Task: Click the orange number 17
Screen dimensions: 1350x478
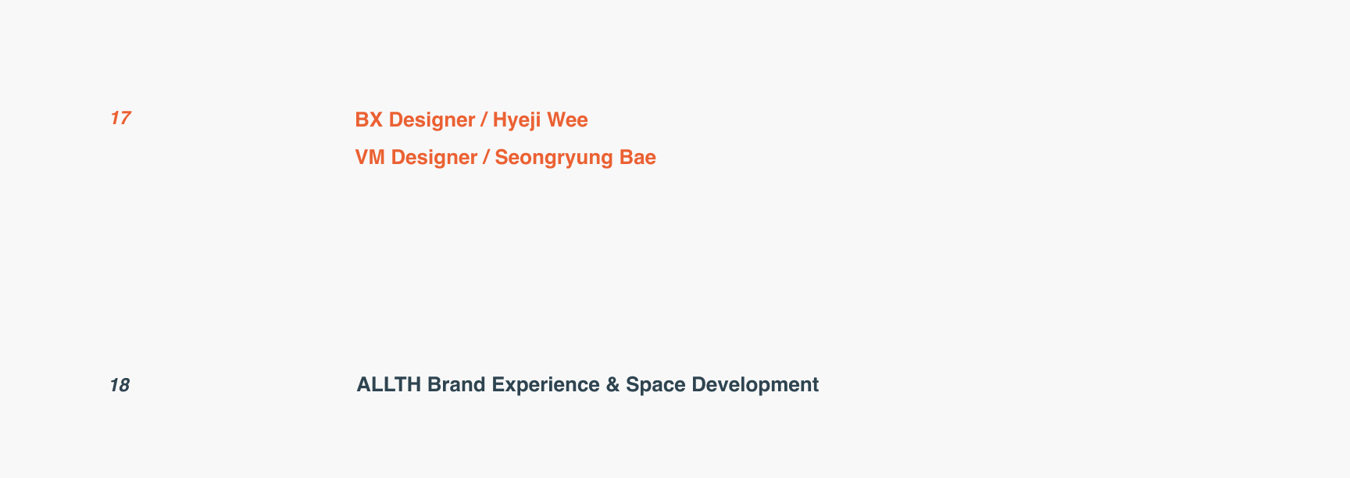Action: tap(120, 118)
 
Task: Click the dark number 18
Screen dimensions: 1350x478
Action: tap(120, 385)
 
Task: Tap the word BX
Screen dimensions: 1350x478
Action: tap(369, 119)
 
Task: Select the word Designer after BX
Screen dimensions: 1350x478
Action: tap(432, 120)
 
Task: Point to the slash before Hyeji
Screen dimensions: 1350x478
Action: tap(484, 120)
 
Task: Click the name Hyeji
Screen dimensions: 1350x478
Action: tap(516, 121)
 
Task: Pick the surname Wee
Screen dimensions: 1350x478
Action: tap(567, 119)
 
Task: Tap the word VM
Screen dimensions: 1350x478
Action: tap(370, 157)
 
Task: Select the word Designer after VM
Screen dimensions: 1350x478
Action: tap(434, 158)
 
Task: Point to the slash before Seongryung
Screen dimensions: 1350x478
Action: tap(487, 158)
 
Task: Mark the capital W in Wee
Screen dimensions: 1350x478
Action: tap(556, 119)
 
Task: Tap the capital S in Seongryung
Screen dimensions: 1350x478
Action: tap(502, 157)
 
